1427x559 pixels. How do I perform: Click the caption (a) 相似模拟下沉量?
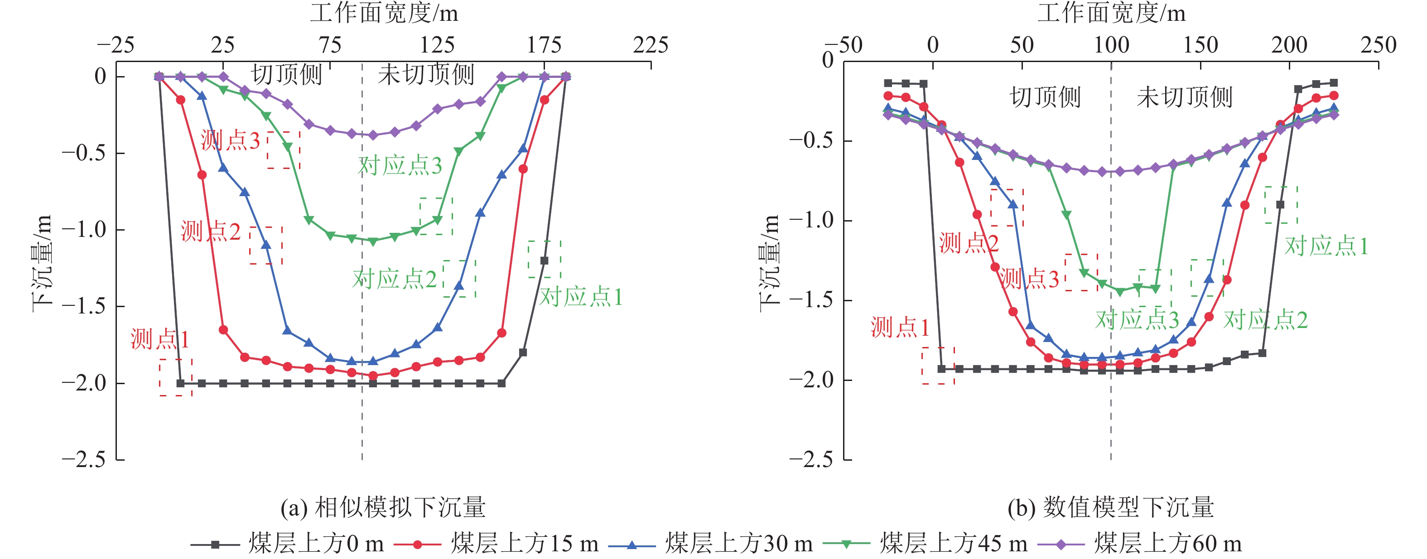(383, 507)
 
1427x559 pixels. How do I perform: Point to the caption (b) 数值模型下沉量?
(1111, 507)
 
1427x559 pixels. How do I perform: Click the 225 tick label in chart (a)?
(651, 45)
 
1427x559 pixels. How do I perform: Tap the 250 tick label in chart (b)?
(1378, 45)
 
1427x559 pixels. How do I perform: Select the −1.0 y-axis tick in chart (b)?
(811, 221)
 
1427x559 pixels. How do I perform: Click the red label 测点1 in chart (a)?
(159, 339)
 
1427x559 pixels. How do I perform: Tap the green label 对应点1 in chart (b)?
(1326, 246)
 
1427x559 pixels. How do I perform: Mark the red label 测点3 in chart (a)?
(230, 141)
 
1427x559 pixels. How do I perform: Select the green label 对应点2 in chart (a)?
(395, 279)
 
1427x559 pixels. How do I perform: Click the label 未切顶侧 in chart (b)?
(1184, 97)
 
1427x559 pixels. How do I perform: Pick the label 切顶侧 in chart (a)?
(286, 74)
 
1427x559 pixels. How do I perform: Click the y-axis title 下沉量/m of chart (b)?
(770, 263)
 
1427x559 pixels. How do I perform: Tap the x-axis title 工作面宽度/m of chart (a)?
(384, 13)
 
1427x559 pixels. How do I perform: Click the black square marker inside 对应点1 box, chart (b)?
(1280, 204)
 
